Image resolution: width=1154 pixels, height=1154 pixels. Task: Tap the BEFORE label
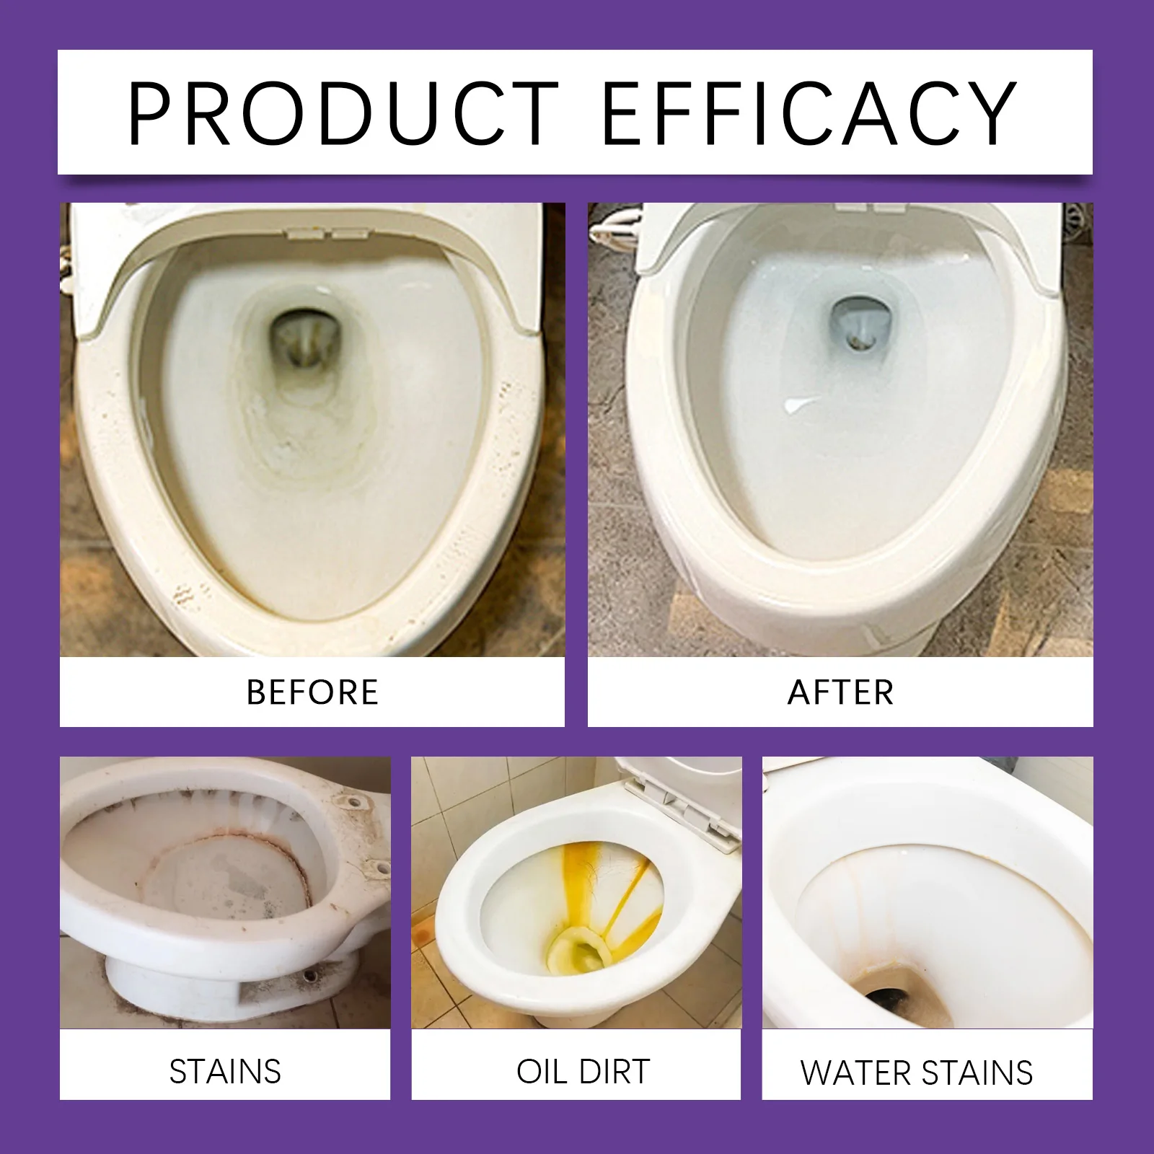click(x=312, y=692)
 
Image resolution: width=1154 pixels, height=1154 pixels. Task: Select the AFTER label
click(x=840, y=692)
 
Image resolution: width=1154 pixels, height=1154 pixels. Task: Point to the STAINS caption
click(x=225, y=1072)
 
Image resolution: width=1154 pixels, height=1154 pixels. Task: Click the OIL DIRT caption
click(x=583, y=1072)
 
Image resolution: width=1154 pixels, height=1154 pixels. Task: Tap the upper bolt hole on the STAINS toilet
click(x=353, y=801)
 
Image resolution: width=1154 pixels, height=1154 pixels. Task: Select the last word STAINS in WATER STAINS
click(x=976, y=1073)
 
